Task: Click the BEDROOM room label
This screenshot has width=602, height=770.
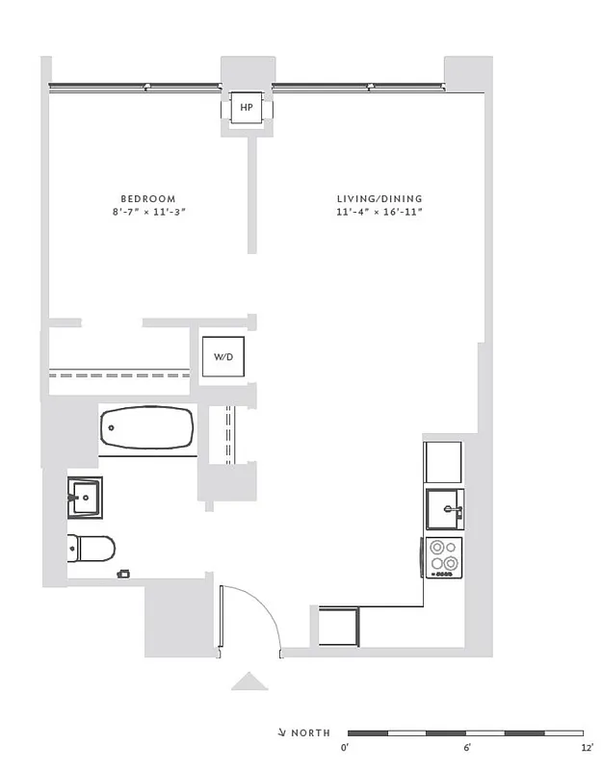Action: (147, 198)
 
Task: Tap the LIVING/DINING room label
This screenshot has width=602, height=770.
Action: (380, 198)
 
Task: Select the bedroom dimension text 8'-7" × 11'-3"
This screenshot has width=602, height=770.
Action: (147, 213)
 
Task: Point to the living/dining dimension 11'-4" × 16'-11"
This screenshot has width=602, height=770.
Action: (380, 213)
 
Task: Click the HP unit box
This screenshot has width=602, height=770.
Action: (247, 109)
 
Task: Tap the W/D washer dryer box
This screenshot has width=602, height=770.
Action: (223, 357)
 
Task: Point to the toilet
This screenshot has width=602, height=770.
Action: (92, 549)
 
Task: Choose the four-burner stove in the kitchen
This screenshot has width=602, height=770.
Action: (444, 557)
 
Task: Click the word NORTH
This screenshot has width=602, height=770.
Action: (310, 733)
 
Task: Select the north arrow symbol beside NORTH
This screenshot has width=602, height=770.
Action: (280, 733)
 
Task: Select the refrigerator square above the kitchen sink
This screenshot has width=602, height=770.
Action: (444, 461)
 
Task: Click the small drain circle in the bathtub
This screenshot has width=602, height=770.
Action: (111, 426)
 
